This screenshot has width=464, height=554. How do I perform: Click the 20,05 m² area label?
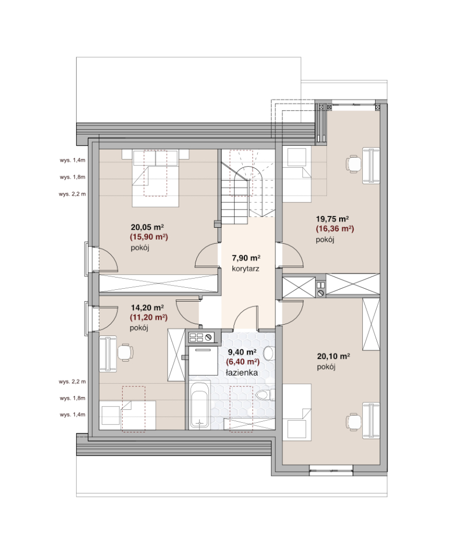(147, 227)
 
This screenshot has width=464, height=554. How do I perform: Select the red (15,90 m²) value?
(149, 237)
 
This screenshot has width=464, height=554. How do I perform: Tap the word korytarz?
(245, 269)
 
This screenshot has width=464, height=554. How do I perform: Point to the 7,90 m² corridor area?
(246, 258)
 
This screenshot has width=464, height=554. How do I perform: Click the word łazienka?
(242, 373)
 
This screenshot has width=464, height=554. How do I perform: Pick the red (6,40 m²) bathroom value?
(243, 362)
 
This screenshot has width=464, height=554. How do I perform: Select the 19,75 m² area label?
(333, 219)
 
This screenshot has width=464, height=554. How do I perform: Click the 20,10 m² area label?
(334, 356)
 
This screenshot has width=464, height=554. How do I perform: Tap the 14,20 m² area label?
(147, 308)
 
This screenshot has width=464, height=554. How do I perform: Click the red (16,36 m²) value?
(335, 229)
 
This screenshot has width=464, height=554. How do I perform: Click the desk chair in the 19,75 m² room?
(354, 164)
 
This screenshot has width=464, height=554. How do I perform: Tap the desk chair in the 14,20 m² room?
(125, 352)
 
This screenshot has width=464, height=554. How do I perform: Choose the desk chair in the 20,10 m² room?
(354, 421)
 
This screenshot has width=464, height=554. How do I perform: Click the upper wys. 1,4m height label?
(72, 160)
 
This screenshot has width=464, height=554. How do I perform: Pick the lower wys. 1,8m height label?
(72, 398)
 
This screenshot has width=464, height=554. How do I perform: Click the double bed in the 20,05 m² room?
(155, 178)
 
